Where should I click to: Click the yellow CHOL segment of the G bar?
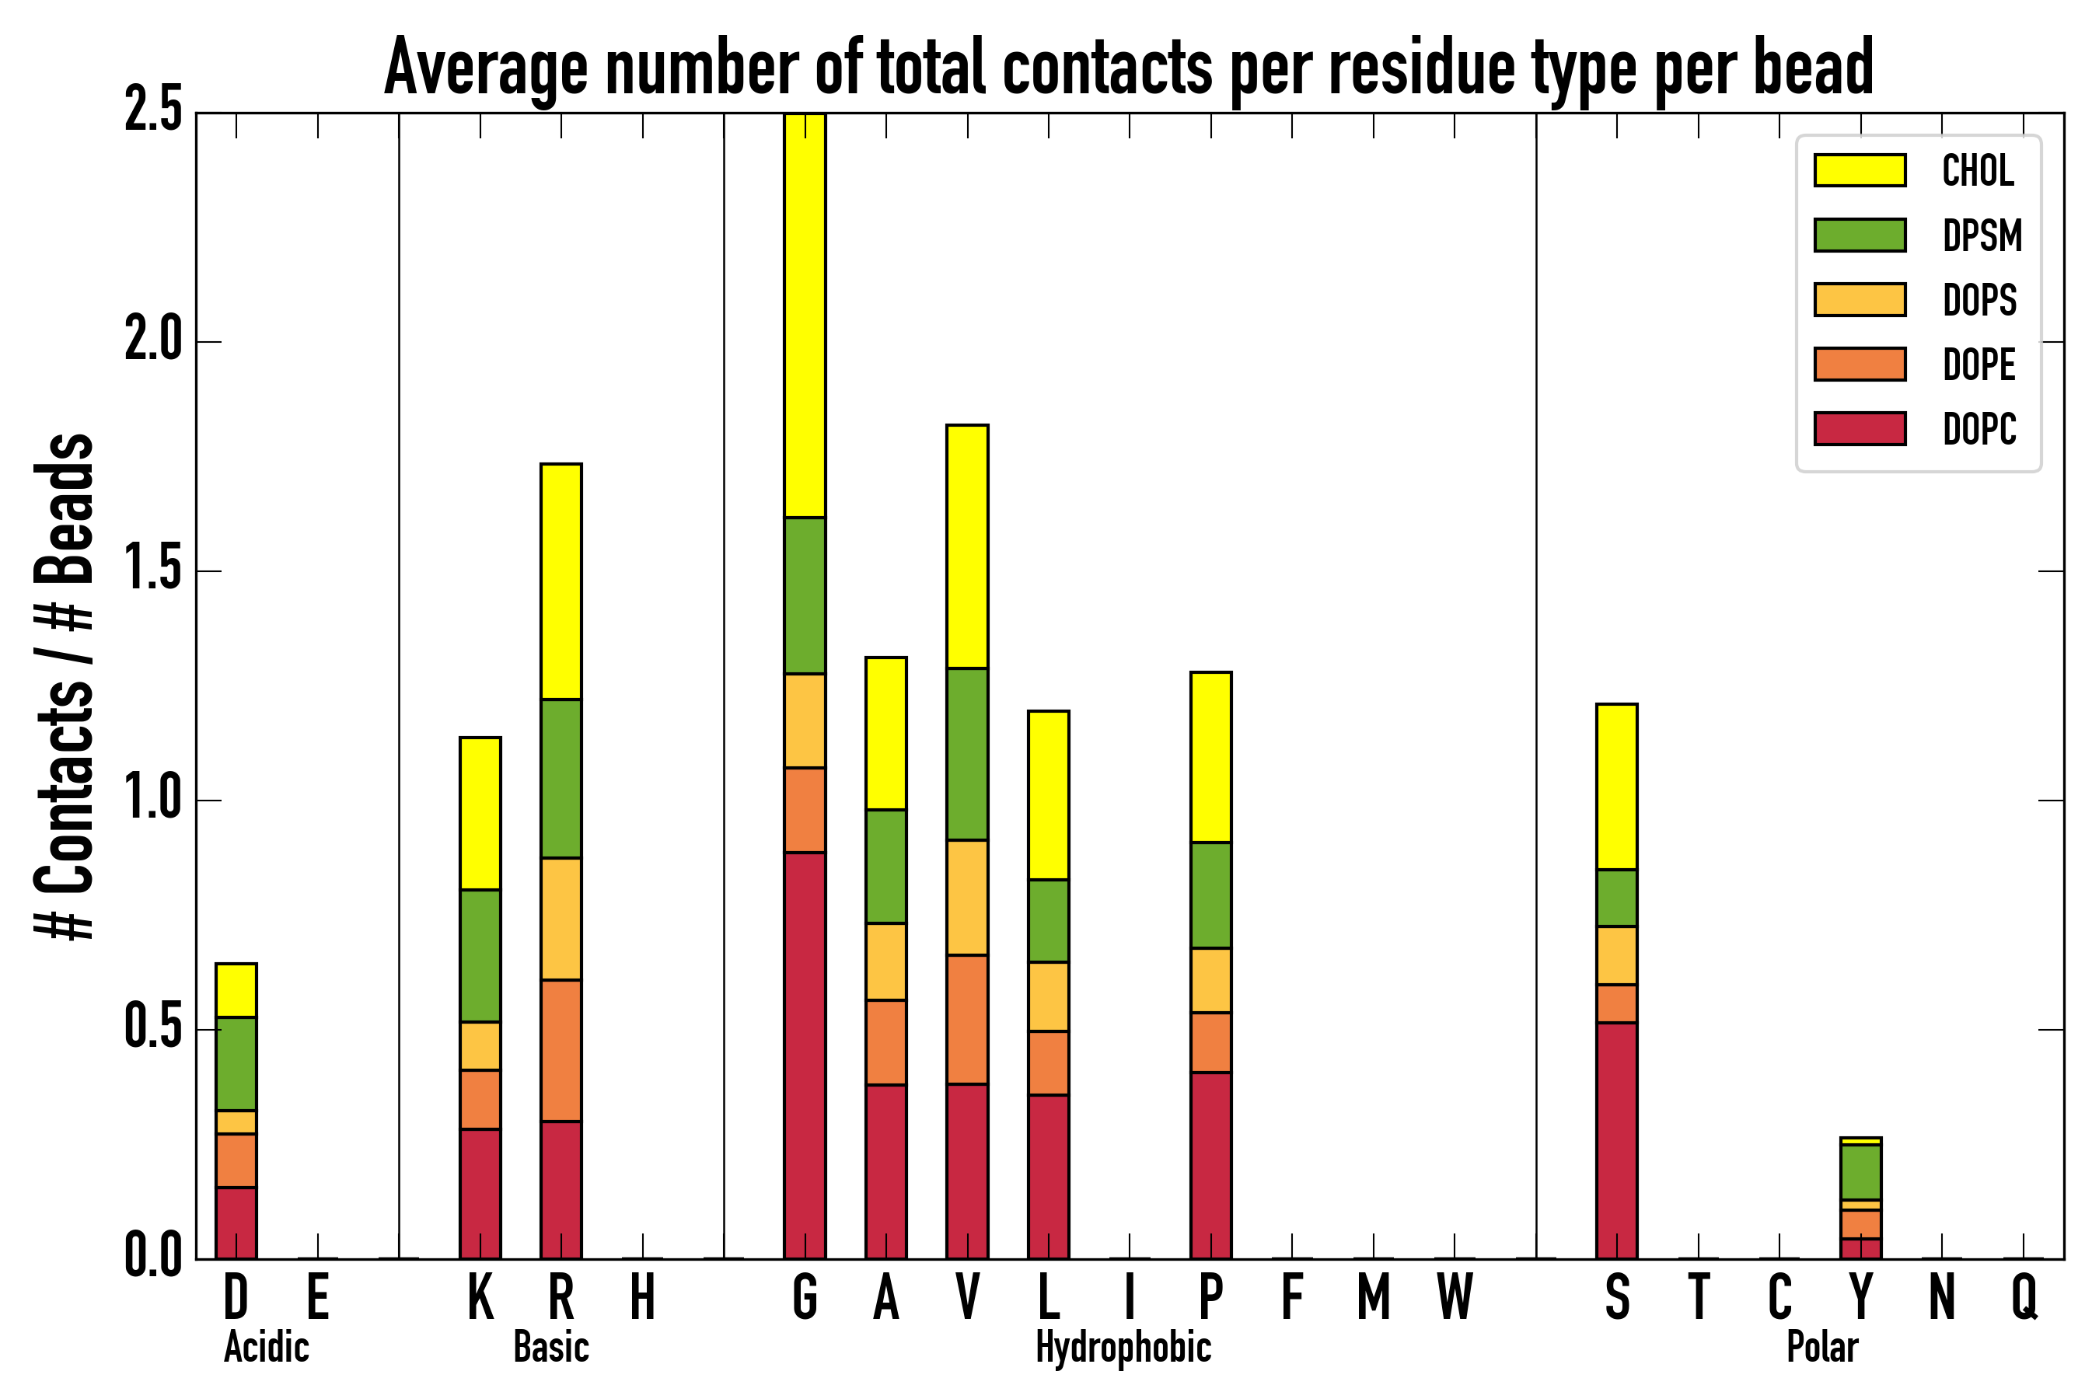804,315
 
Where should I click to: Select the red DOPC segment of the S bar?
1616,1140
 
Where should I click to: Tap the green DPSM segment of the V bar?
966,754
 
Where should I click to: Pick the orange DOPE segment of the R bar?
561,1050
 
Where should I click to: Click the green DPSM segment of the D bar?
236,1063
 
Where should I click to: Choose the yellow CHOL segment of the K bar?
480,813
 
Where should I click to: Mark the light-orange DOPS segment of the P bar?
1210,979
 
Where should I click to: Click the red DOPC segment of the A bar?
885,1170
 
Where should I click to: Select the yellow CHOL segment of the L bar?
1048,795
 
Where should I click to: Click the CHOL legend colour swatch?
1860,170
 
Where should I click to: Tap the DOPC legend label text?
1979,429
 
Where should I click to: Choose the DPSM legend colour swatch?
1860,235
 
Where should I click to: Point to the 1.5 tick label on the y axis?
152,570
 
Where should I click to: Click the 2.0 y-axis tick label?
152,341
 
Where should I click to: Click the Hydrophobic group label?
1123,1347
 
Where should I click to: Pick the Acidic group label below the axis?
266,1347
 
